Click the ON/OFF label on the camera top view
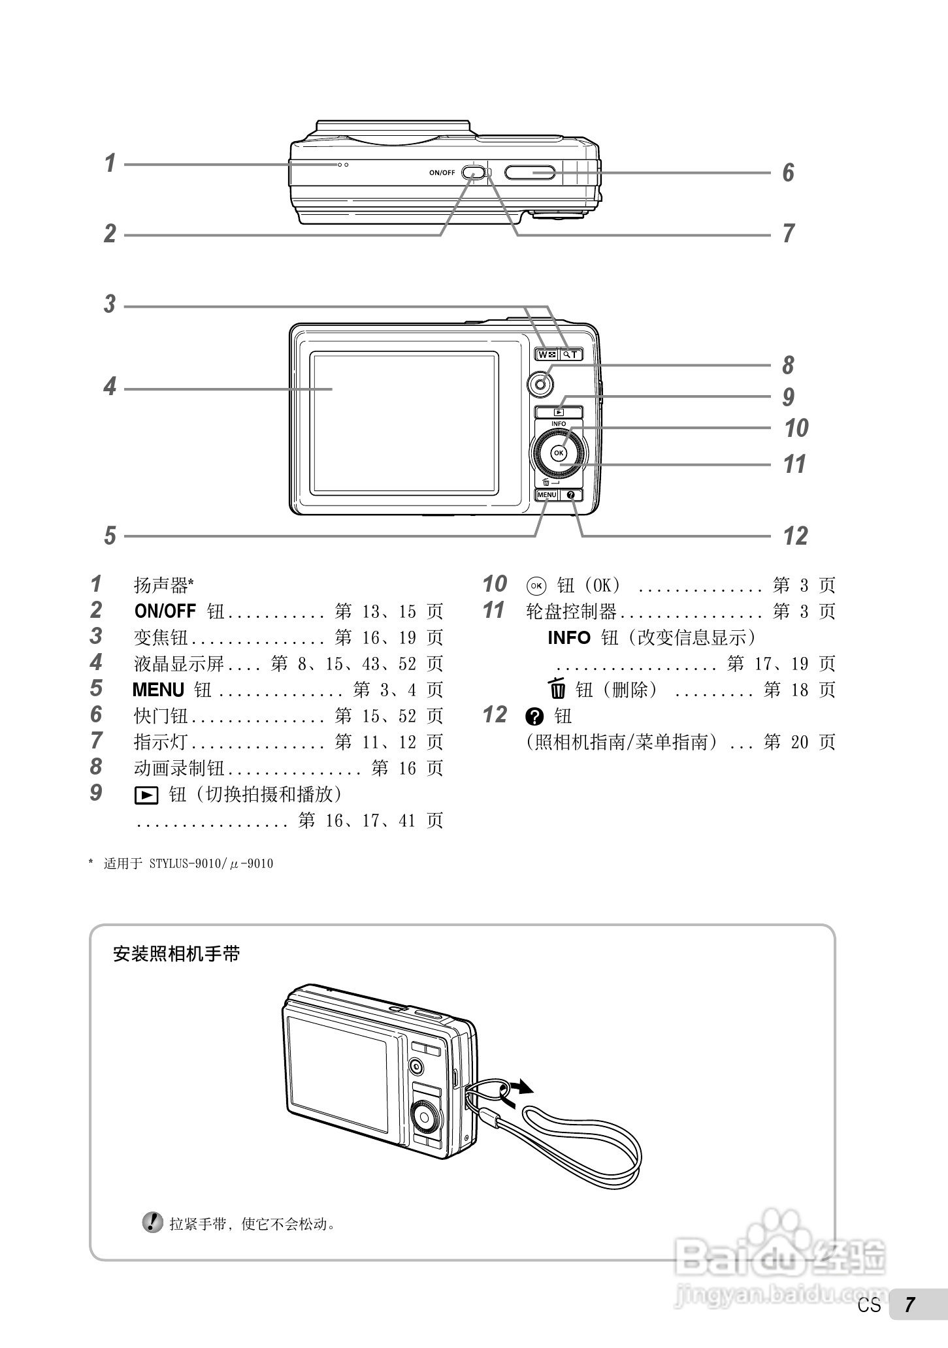tap(442, 172)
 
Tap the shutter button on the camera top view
tap(530, 172)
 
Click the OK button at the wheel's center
tap(559, 453)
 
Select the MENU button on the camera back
tap(547, 495)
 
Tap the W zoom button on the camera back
tap(546, 355)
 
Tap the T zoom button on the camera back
tap(571, 355)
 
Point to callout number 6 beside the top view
tap(789, 173)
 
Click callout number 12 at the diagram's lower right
tap(796, 536)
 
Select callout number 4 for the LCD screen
tap(110, 387)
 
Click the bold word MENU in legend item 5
tap(158, 690)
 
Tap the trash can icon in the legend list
tap(557, 689)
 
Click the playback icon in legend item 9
tap(146, 795)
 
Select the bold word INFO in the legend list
tap(568, 637)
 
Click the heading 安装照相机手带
tap(176, 954)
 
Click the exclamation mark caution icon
tap(153, 1223)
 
